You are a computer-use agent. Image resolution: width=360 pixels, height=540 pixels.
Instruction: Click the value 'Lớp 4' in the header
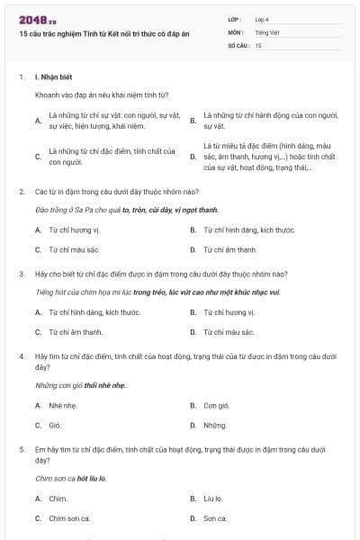click(x=261, y=19)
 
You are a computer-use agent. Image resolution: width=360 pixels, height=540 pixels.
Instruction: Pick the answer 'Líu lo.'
click(x=213, y=498)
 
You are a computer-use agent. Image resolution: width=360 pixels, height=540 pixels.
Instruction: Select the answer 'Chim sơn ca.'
click(x=70, y=517)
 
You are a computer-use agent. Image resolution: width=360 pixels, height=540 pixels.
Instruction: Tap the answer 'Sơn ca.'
click(x=215, y=517)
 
